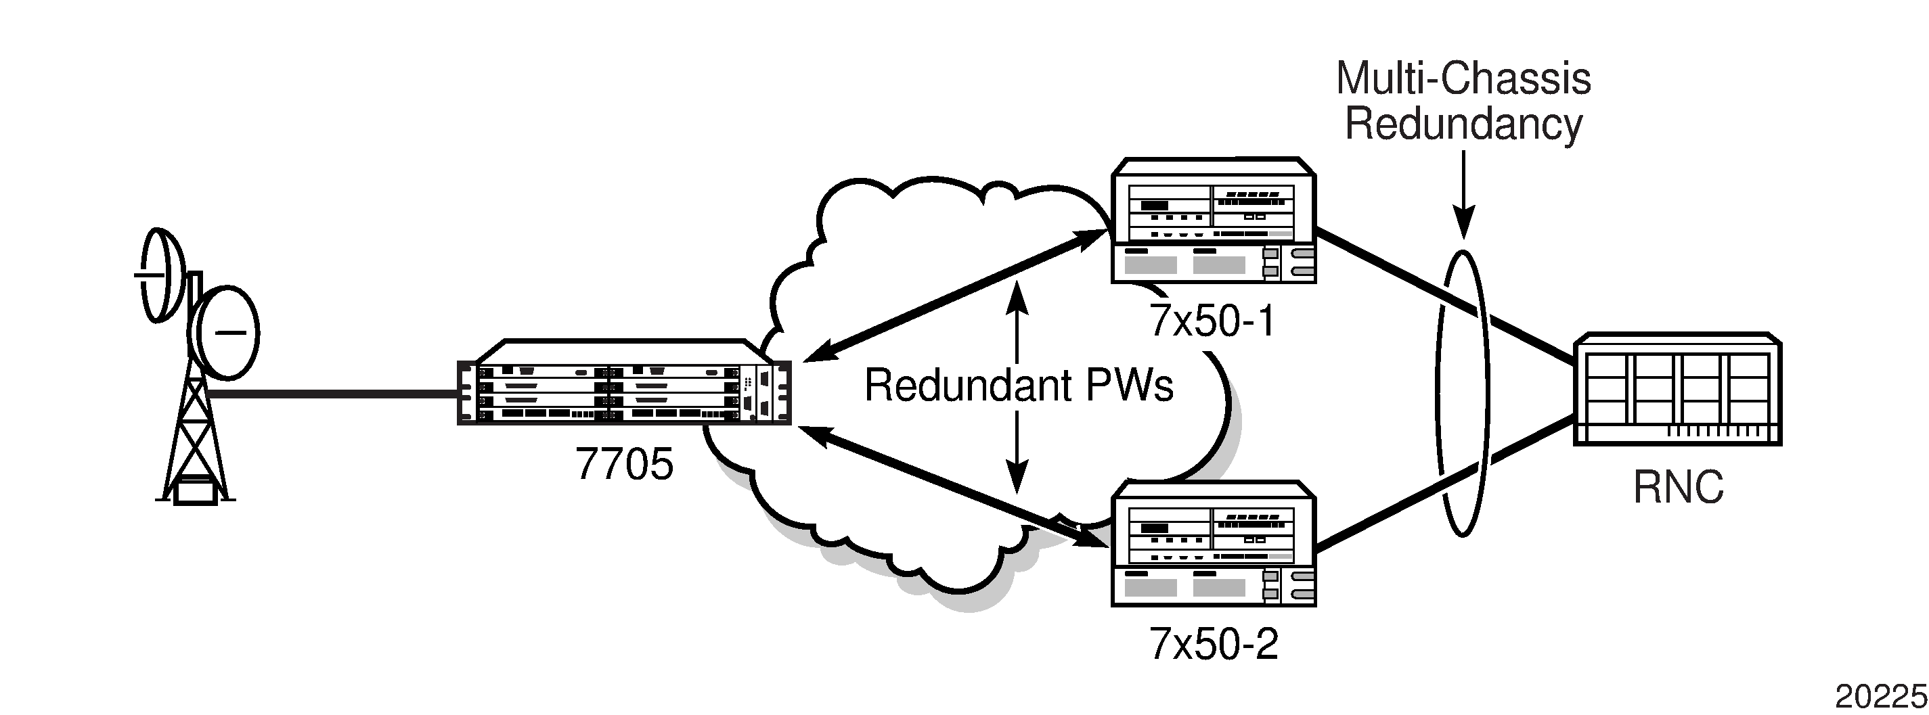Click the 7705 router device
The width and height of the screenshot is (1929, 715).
pyautogui.click(x=624, y=384)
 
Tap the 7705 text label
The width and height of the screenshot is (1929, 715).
pyautogui.click(x=624, y=464)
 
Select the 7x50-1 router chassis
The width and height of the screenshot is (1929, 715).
pyautogui.click(x=1213, y=221)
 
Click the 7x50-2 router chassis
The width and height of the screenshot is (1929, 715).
pyautogui.click(x=1213, y=545)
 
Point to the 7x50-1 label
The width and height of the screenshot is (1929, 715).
pyautogui.click(x=1212, y=321)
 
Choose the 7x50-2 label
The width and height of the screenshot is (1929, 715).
pyautogui.click(x=1213, y=644)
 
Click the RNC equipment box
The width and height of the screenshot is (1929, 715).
pyautogui.click(x=1677, y=390)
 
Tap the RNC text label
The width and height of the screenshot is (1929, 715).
pyautogui.click(x=1678, y=488)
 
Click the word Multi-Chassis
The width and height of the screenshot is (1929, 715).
pyautogui.click(x=1463, y=78)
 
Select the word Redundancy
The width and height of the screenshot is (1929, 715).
pyautogui.click(x=1463, y=124)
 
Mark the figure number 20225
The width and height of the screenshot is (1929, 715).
pyautogui.click(x=1880, y=697)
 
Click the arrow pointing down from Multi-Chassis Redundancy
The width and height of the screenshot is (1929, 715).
pyautogui.click(x=1463, y=195)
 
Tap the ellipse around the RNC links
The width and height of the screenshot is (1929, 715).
pyautogui.click(x=1438, y=393)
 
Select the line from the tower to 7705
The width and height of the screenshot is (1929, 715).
pyautogui.click(x=333, y=394)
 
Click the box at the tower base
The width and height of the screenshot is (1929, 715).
pyautogui.click(x=196, y=492)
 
